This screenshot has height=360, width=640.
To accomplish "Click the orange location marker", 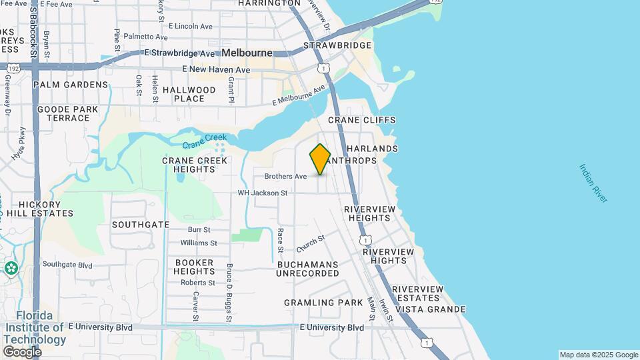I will pyautogui.click(x=320, y=159).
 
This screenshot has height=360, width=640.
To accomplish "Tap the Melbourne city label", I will pyautogui.click(x=247, y=53).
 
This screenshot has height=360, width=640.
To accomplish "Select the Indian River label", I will pyautogui.click(x=593, y=183).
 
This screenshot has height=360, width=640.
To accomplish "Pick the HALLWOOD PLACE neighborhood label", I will pyautogui.click(x=189, y=94).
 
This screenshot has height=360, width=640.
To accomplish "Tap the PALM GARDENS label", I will pyautogui.click(x=70, y=85).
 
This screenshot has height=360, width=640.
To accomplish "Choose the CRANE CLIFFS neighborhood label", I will pyautogui.click(x=361, y=120).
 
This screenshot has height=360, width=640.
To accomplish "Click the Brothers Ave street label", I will pyautogui.click(x=285, y=177).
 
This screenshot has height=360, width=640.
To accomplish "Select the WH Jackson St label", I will pyautogui.click(x=263, y=193).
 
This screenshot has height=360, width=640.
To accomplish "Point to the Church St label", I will pyautogui.click(x=311, y=243).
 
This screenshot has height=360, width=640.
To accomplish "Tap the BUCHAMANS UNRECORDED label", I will pyautogui.click(x=307, y=269).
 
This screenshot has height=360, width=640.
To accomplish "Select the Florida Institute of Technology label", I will pyautogui.click(x=36, y=327).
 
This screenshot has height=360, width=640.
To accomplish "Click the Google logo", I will pyautogui.click(x=21, y=351).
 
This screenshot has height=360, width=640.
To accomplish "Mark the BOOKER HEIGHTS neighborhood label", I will pyautogui.click(x=194, y=267).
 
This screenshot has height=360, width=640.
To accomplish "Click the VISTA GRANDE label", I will pyautogui.click(x=430, y=309).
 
